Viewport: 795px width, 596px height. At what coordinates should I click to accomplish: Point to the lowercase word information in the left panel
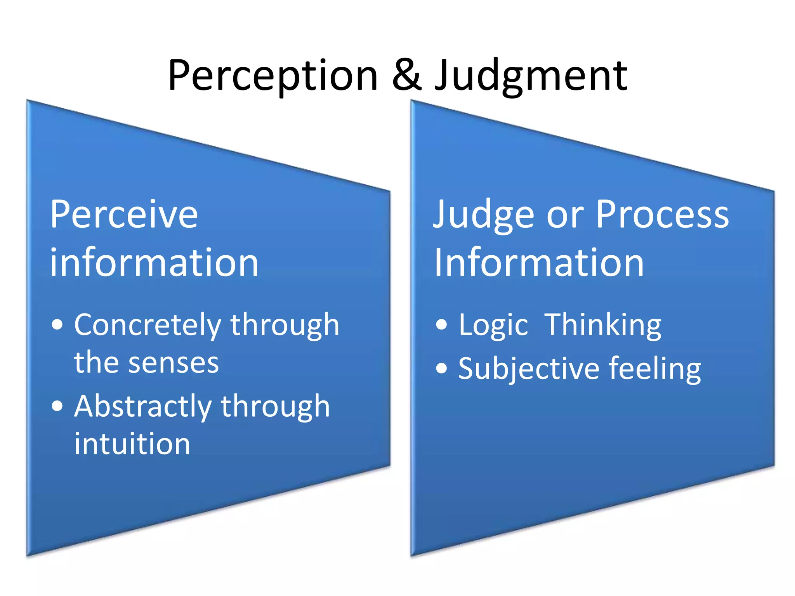(154, 263)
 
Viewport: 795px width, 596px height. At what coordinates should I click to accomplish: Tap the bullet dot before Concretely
(57, 324)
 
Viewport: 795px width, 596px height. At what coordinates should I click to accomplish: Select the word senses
(174, 363)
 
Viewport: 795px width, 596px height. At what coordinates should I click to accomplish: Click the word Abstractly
(143, 407)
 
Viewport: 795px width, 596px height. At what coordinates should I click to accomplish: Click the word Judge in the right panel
(483, 215)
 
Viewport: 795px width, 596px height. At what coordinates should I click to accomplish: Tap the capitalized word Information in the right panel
(539, 263)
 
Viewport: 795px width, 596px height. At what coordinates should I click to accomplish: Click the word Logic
(493, 325)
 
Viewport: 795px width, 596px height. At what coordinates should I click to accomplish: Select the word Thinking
(603, 325)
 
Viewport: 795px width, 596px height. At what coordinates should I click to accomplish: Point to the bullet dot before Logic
(441, 324)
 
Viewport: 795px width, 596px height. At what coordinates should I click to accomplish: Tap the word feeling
(655, 369)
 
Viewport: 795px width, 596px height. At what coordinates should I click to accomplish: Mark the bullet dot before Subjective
(441, 368)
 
